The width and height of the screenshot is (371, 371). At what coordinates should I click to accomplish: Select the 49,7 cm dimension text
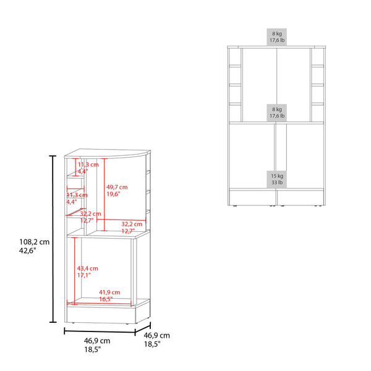pos(117,186)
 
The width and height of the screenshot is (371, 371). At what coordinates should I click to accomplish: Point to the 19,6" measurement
pos(113,194)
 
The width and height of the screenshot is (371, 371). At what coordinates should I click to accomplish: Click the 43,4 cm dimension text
pos(88,268)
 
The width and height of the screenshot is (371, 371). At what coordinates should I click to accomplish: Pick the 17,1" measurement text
pos(84,276)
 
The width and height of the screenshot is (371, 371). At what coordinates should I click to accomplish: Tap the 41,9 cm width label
pos(109,292)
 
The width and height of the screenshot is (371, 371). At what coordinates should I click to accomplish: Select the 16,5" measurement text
pos(106,299)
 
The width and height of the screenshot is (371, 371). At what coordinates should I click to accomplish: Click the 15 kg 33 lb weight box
pos(276,178)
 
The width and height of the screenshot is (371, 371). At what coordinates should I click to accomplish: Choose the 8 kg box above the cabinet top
pos(276,36)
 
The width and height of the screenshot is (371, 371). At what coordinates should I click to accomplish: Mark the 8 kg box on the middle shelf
pos(276,112)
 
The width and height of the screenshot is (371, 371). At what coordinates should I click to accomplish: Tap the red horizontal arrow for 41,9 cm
pos(102,303)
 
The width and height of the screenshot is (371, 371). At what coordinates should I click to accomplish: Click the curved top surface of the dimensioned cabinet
pos(108,153)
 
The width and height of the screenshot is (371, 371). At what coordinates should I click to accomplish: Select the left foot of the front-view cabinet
pos(236,202)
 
